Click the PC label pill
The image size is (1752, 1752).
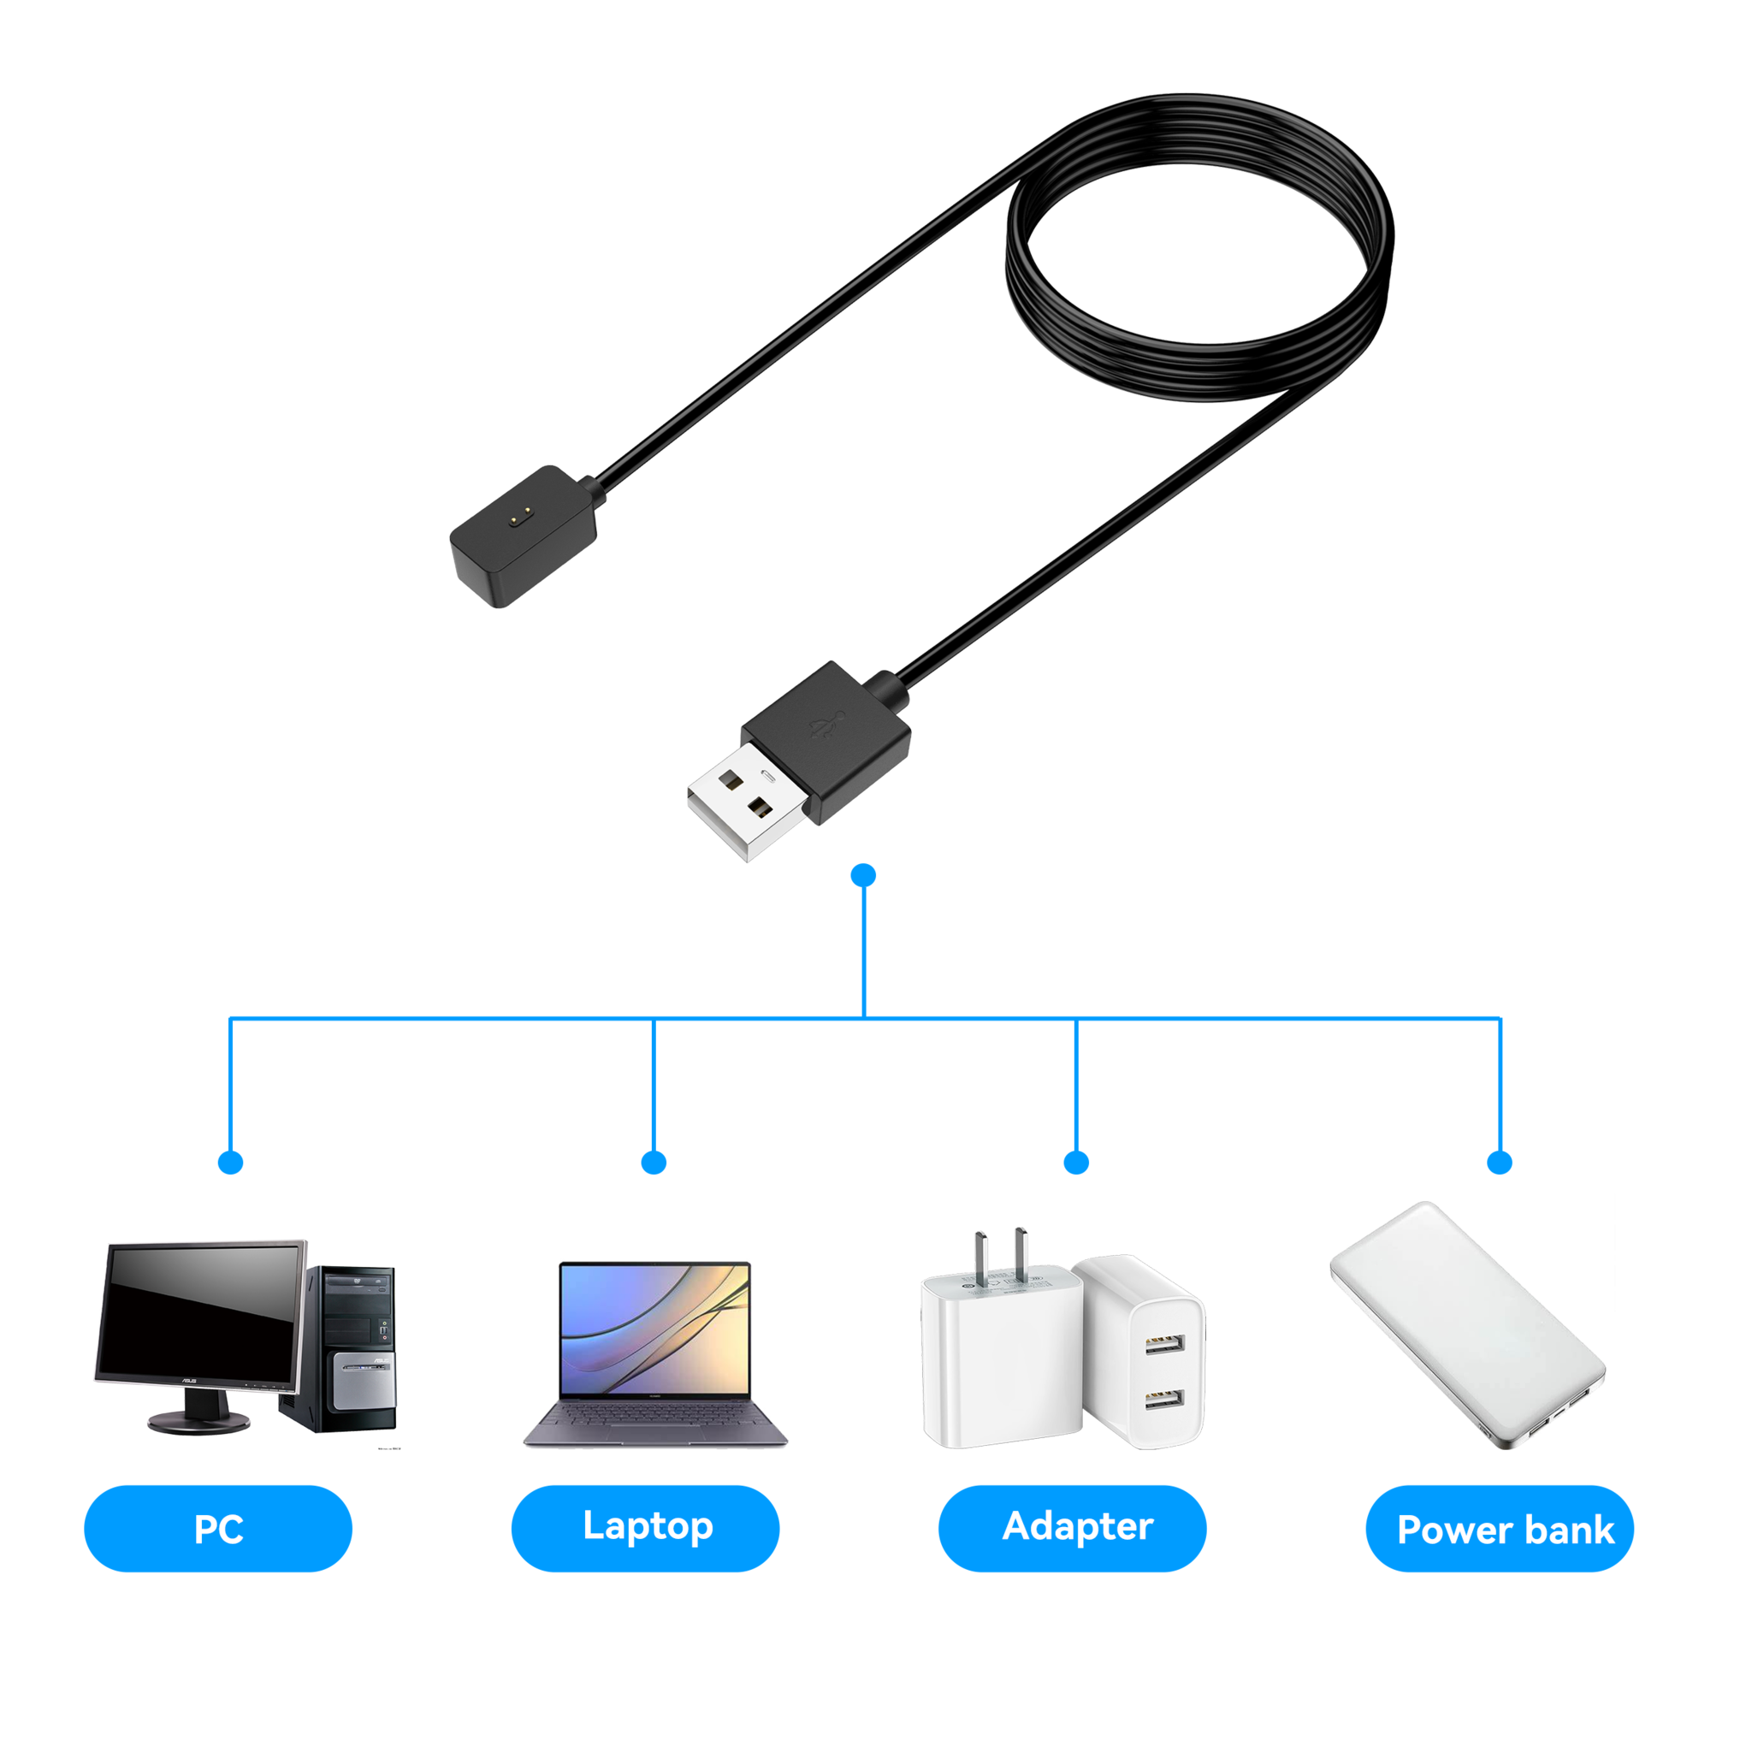click(x=217, y=1529)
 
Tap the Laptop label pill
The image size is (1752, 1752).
click(x=645, y=1527)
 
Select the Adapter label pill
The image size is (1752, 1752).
click(x=1072, y=1527)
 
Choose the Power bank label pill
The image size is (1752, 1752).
click(x=1500, y=1529)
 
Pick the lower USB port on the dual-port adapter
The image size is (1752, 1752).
click(x=1163, y=1400)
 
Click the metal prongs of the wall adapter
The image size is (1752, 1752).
click(x=1001, y=1255)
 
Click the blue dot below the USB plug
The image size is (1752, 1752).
click(x=864, y=874)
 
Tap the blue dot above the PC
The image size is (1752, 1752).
click(x=231, y=1163)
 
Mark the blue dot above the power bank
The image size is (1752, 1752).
click(x=1500, y=1163)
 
